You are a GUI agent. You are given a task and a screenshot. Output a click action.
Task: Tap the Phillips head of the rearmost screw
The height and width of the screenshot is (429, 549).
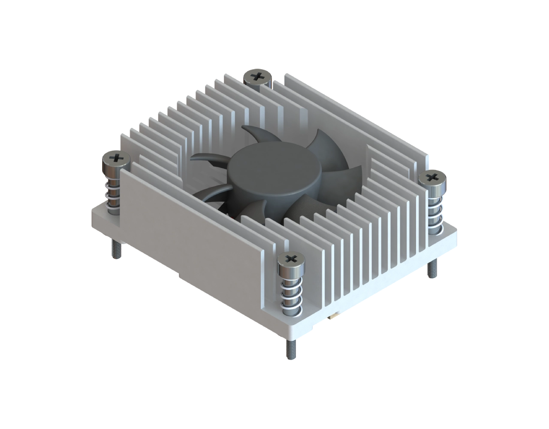point(258,77)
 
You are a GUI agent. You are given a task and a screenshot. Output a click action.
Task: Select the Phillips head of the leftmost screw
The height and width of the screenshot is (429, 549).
point(115,159)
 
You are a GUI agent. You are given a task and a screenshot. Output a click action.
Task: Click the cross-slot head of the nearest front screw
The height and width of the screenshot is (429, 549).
point(290,259)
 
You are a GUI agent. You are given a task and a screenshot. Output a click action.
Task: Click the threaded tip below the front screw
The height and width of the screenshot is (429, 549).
point(290,347)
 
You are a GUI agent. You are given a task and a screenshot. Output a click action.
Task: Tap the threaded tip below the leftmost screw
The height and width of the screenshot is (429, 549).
point(116,250)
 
